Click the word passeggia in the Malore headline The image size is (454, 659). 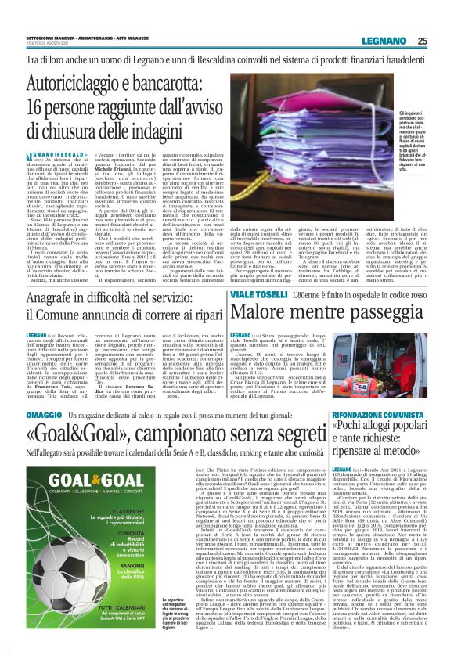pos(375,315)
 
